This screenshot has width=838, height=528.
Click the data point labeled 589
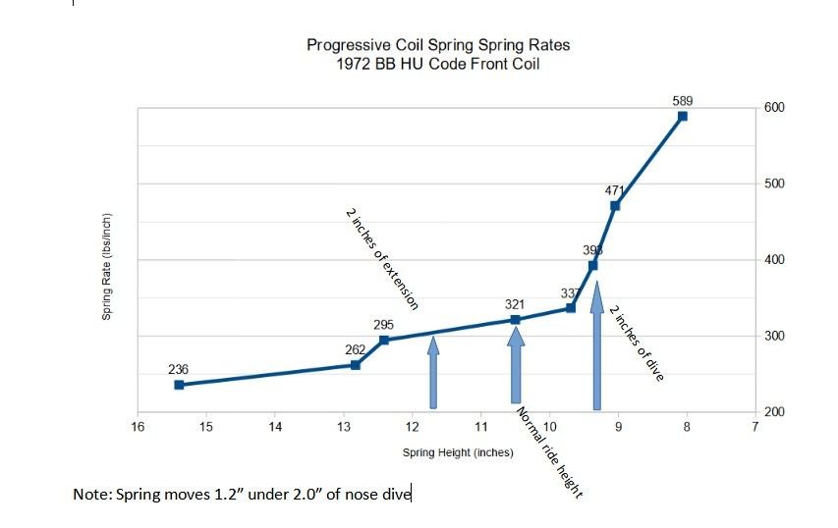[682, 116]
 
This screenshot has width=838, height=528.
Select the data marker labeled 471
[615, 205]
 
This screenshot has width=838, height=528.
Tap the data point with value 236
[179, 385]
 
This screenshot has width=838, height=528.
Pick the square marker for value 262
[356, 365]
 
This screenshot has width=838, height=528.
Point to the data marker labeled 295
[384, 340]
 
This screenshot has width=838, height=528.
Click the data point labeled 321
[516, 319]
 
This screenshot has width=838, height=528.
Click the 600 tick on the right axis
[773, 108]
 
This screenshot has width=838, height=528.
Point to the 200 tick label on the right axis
[773, 412]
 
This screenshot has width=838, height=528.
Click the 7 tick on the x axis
[754, 427]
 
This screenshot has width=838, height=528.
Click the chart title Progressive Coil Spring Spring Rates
[438, 45]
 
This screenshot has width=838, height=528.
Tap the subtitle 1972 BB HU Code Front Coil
[438, 63]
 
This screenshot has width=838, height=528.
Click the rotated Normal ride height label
[549, 452]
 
